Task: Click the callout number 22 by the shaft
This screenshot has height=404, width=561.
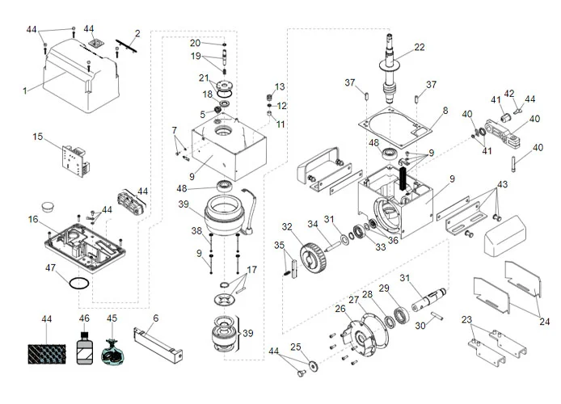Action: pyautogui.click(x=419, y=48)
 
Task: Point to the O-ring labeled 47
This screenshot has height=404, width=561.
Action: pyautogui.click(x=77, y=284)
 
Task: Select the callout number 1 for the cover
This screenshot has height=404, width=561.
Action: pyautogui.click(x=24, y=90)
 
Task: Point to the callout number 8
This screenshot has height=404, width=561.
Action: pyautogui.click(x=444, y=110)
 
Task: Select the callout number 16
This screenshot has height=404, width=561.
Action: pyautogui.click(x=33, y=220)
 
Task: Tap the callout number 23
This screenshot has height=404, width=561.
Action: pyautogui.click(x=466, y=319)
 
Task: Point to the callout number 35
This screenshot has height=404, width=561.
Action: pyautogui.click(x=279, y=245)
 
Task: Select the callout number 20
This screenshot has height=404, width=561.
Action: pyautogui.click(x=195, y=42)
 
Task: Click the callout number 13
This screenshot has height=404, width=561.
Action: pyautogui.click(x=280, y=86)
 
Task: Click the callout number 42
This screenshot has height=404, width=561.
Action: pyautogui.click(x=509, y=93)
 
